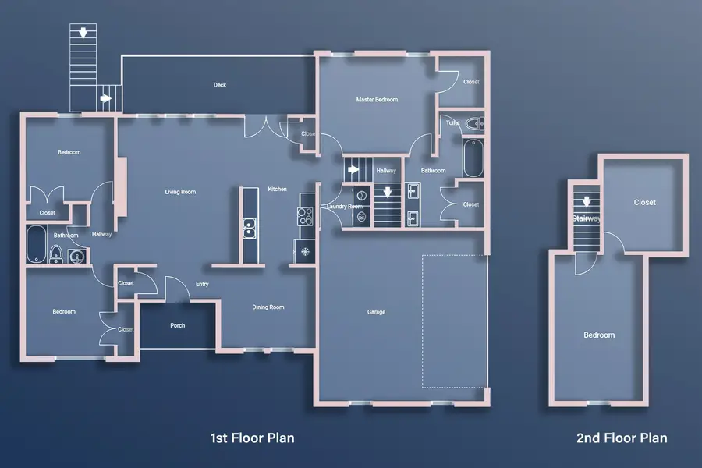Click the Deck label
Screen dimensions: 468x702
(x=220, y=85)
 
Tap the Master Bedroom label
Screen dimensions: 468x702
(x=377, y=100)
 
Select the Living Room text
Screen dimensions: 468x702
(x=179, y=192)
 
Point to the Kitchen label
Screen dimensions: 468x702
(x=278, y=190)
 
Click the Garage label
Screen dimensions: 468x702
(x=377, y=312)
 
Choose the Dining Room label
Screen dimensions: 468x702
(x=268, y=307)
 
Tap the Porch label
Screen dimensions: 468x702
(x=178, y=325)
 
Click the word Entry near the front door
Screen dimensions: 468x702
(x=202, y=284)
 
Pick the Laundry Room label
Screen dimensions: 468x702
(x=344, y=207)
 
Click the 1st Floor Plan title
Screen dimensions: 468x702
(x=252, y=438)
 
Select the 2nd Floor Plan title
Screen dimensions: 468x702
(x=622, y=438)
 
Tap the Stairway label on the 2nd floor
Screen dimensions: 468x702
(x=586, y=218)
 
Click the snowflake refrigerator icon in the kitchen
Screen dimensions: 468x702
(x=305, y=251)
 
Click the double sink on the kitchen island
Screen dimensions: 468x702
(x=250, y=229)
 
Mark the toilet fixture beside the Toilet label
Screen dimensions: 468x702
(x=474, y=124)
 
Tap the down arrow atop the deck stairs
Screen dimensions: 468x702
(x=80, y=33)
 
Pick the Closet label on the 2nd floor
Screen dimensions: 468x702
(x=644, y=203)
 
